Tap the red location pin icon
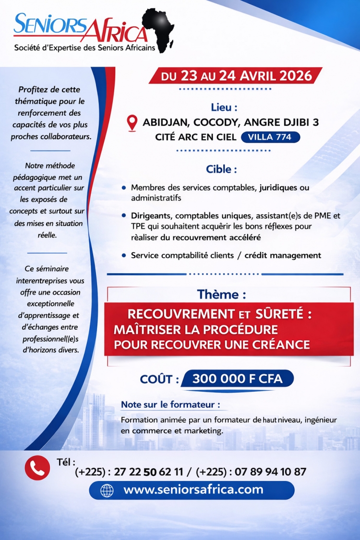132,122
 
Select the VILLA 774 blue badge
273,137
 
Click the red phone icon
37,468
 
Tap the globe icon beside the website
107,490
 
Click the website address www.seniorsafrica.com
193,490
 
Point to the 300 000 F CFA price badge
237,379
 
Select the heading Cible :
221,169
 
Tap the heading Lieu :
224,107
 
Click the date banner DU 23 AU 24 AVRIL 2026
237,76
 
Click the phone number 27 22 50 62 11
149,472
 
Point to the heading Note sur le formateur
170,405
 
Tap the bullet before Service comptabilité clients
124,256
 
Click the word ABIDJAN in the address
165,122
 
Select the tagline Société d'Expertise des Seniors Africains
84,48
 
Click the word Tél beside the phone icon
66,462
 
